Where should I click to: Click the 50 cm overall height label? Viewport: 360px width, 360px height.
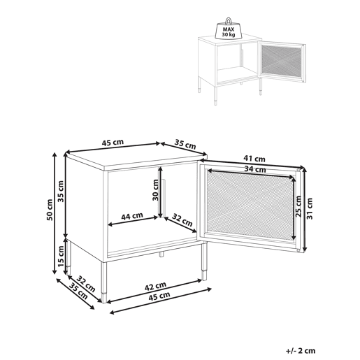click(x=50, y=210)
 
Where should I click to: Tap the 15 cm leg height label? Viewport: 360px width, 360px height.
click(x=61, y=257)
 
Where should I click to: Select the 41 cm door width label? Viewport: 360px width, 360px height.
click(x=254, y=159)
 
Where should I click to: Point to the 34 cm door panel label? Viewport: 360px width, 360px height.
click(x=255, y=169)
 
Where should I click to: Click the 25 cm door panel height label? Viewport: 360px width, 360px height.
click(x=298, y=206)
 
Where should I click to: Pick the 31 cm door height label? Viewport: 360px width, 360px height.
click(x=310, y=208)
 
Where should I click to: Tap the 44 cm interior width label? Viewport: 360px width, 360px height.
click(x=132, y=217)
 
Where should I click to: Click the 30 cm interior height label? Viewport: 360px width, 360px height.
click(x=155, y=190)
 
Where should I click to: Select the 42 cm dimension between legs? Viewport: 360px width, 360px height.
click(x=155, y=287)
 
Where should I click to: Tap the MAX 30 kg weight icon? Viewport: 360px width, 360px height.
click(x=229, y=29)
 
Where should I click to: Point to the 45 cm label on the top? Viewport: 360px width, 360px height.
click(x=113, y=143)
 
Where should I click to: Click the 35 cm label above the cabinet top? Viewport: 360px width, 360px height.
click(x=185, y=145)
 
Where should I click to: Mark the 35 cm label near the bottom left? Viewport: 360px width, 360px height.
click(x=79, y=291)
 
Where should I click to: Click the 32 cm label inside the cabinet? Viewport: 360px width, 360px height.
click(x=182, y=220)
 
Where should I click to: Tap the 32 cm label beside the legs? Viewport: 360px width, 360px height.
click(x=86, y=284)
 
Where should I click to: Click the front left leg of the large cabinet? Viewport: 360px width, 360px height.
click(x=104, y=282)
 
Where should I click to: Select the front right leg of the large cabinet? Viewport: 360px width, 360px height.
click(x=204, y=261)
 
